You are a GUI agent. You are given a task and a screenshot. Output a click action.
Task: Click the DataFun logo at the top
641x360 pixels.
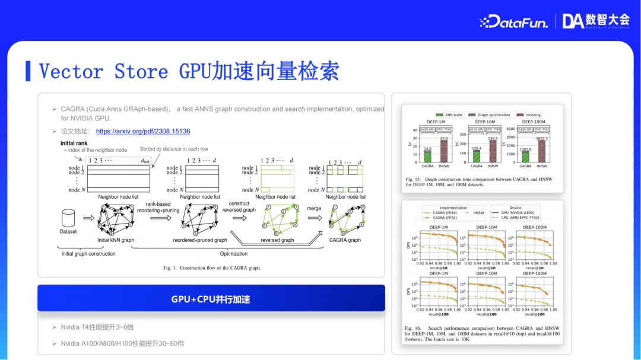513,21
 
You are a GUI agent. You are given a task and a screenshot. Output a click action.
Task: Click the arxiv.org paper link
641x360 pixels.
143,131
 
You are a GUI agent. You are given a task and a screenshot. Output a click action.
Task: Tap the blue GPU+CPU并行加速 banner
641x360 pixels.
211,299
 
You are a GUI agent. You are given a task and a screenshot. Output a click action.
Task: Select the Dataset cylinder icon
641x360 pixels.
68,217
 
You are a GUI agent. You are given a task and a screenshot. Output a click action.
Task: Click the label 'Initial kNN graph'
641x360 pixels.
116,240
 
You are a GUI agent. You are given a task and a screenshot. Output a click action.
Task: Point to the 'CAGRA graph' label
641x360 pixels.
345,240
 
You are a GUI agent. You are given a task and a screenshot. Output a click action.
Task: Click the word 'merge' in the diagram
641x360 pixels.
314,208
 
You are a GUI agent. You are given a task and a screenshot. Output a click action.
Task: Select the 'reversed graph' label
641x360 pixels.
277,240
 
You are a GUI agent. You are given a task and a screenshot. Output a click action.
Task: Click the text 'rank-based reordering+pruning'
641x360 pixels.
158,207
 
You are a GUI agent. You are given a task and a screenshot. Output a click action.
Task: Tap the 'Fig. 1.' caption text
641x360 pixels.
212,268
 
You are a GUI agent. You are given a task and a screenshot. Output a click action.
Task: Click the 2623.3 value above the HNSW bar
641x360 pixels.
541,138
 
